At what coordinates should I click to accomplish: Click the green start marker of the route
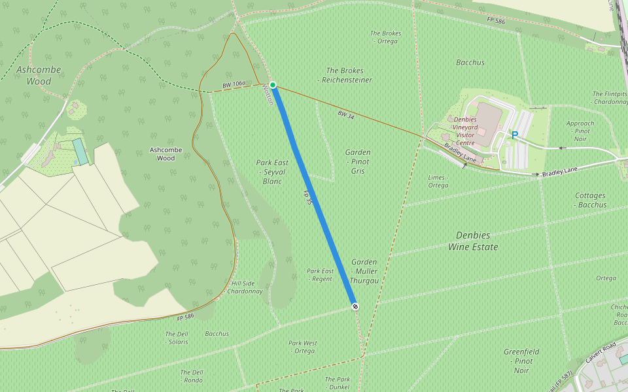(273, 85)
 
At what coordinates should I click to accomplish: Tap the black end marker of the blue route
(355, 306)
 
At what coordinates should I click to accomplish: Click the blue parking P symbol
(515, 135)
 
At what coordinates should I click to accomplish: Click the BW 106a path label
(234, 85)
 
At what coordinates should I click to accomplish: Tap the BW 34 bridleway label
(346, 114)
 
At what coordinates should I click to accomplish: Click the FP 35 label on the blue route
(307, 198)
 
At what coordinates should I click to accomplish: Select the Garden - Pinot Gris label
(357, 161)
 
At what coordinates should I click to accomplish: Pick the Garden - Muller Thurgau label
(364, 271)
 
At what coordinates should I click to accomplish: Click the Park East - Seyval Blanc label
(272, 172)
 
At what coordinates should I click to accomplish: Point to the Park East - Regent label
(321, 275)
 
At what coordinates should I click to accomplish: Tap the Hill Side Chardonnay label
(245, 287)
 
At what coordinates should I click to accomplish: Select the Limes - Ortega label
(438, 182)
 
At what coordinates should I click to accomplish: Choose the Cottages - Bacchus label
(591, 200)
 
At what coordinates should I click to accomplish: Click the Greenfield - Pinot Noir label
(521, 361)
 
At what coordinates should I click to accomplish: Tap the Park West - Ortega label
(303, 347)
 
